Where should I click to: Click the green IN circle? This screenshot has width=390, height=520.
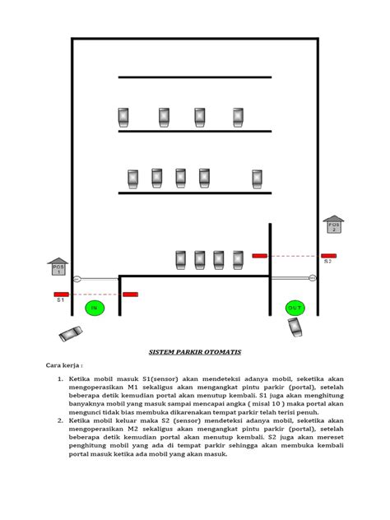(x=95, y=309)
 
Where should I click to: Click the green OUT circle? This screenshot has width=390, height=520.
(x=295, y=308)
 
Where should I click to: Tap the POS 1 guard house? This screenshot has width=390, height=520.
(x=58, y=267)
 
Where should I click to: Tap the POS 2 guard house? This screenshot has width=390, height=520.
(x=333, y=224)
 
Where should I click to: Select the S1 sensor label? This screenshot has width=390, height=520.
(x=60, y=301)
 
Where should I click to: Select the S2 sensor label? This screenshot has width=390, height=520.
(x=327, y=262)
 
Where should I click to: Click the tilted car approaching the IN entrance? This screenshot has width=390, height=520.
(x=71, y=333)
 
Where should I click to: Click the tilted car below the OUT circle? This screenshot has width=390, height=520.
(x=295, y=327)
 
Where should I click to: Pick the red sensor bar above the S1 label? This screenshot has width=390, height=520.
(x=62, y=294)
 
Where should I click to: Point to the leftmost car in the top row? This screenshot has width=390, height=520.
(x=123, y=117)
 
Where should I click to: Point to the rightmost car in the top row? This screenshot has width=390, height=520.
(x=238, y=117)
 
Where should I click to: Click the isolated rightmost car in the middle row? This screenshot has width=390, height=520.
(x=257, y=179)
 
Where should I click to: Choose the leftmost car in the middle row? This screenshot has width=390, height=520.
(x=132, y=179)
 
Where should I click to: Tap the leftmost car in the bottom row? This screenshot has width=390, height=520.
(x=181, y=260)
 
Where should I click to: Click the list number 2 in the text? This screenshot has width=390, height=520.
(x=60, y=420)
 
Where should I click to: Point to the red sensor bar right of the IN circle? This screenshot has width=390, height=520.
(x=130, y=294)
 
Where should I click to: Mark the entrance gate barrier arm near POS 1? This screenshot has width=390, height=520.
(x=97, y=279)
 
